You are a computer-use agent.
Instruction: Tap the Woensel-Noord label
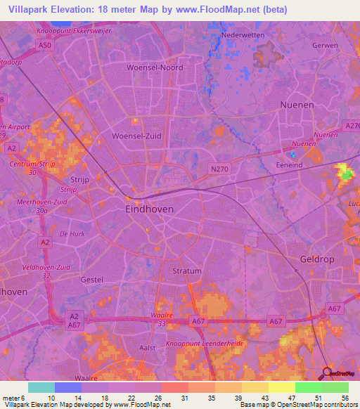[x=154, y=68]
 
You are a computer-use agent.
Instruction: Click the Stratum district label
[x=186, y=271]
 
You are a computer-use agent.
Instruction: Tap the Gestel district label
[x=91, y=280]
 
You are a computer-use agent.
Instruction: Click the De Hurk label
[x=72, y=233]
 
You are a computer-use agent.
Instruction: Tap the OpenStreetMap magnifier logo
[x=328, y=373]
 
